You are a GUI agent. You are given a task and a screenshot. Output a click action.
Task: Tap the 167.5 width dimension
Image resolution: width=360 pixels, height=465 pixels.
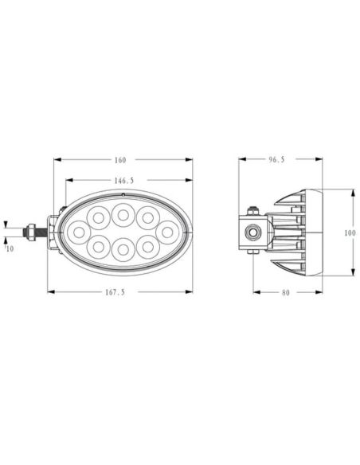click(116, 291)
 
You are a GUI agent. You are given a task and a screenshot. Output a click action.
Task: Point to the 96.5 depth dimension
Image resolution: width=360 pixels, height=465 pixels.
click(276, 159)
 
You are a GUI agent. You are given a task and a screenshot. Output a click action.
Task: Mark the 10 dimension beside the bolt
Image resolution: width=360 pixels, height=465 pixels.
click(9, 249)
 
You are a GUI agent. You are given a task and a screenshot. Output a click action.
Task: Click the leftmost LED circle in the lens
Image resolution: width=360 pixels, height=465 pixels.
click(80, 232)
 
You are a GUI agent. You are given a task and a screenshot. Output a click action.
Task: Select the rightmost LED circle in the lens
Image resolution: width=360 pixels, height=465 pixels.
click(166, 232)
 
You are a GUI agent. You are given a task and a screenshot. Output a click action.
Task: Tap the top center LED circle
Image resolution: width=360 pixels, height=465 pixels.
click(123, 213)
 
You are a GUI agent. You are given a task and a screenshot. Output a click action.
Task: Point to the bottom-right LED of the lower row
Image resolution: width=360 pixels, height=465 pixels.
click(147, 247)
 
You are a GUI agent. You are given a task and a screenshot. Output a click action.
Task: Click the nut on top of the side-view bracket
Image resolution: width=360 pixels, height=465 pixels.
click(253, 210)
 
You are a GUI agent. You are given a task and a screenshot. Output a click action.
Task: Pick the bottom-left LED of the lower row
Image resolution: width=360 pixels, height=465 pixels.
click(98, 247)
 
